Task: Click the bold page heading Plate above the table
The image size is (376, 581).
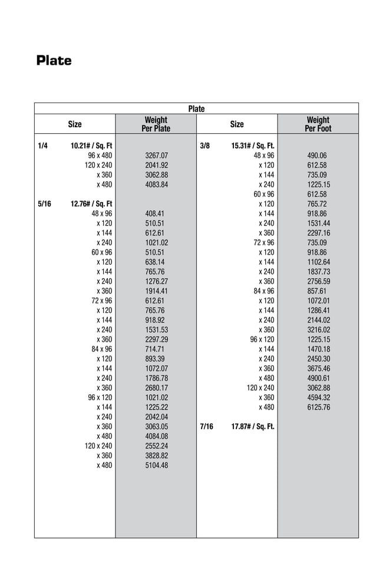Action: pos(54,61)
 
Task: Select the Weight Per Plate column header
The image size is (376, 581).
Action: pos(156,124)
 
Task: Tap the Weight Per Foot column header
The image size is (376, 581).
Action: pos(318,124)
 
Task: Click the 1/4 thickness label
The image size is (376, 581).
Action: pos(42,146)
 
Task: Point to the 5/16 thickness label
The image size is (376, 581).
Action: pos(44,204)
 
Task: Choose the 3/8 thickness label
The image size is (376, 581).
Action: pos(205,146)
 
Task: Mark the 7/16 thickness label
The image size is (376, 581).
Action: pos(206,426)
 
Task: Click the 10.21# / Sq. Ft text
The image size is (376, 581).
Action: pos(91,146)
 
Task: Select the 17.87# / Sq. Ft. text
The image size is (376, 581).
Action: pos(253,426)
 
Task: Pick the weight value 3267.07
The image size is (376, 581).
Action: pos(156,156)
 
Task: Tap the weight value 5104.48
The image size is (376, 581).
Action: pos(156,465)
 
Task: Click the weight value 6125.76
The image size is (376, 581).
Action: pos(318,407)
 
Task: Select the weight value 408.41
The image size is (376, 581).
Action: pos(154,213)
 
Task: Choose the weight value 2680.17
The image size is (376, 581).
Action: pos(156,388)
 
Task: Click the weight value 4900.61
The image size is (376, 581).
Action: pos(318,378)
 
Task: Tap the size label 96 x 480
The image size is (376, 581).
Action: pos(100,156)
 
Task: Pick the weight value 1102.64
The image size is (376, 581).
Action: pos(318,262)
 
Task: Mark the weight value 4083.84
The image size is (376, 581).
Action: pos(156,184)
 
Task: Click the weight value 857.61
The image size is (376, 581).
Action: pos(316,291)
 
